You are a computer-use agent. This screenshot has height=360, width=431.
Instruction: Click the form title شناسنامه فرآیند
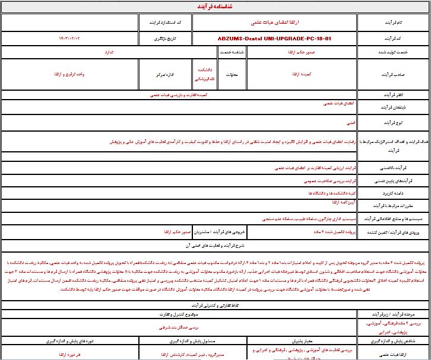click(x=215, y=7)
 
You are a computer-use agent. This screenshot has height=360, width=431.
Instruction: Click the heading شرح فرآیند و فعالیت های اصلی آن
click(x=215, y=243)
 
